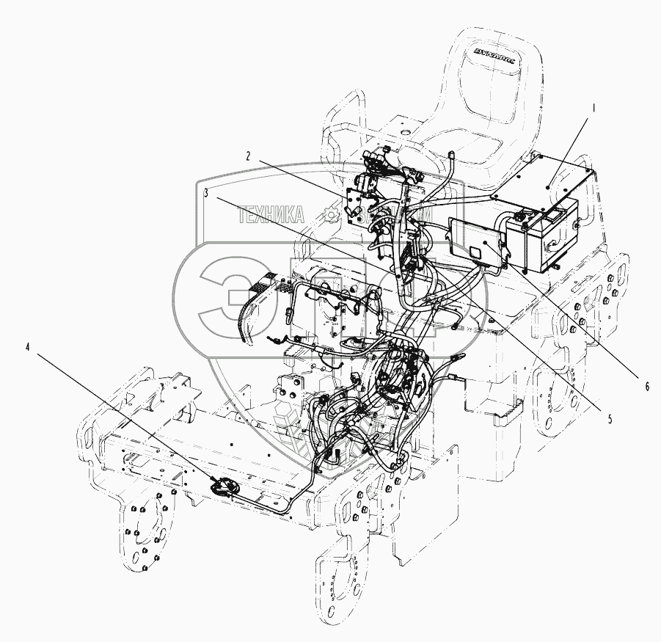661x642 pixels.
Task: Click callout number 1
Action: point(595,107)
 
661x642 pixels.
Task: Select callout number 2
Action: point(249,156)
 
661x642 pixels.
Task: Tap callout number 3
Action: point(208,194)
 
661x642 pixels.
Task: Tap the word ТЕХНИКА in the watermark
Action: point(272,214)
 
